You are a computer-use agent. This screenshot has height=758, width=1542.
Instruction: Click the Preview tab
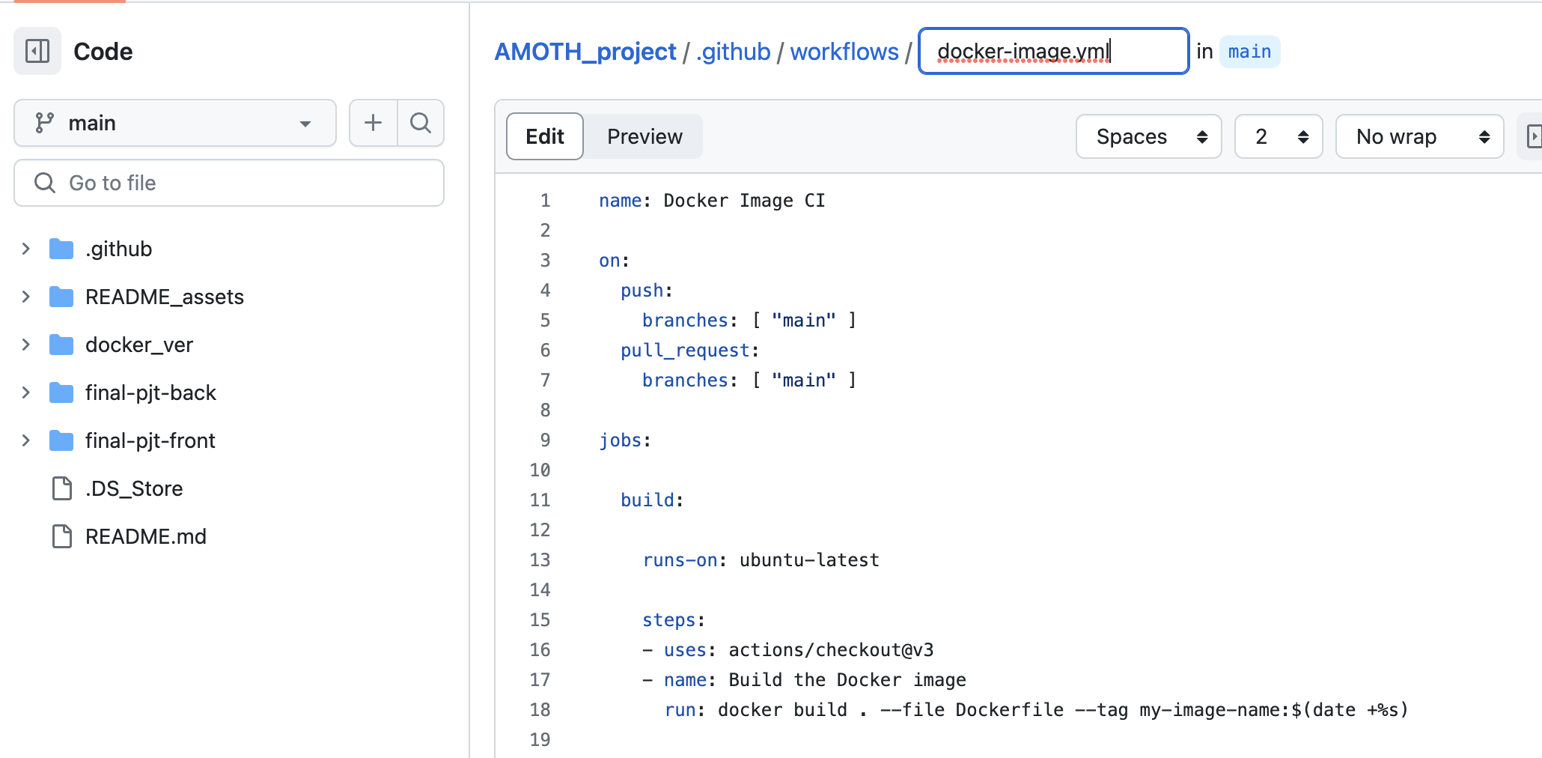(x=644, y=136)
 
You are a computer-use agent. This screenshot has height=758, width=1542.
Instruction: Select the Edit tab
(x=544, y=136)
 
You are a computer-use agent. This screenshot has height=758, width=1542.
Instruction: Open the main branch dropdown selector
(x=175, y=123)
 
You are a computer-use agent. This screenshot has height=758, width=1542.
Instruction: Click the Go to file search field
(x=229, y=183)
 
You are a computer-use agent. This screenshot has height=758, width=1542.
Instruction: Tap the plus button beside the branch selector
(x=373, y=123)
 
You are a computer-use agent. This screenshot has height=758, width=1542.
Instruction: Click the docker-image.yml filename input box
(x=1052, y=51)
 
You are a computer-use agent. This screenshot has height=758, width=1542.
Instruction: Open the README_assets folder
(x=164, y=297)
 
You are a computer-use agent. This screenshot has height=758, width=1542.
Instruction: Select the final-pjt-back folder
(x=150, y=392)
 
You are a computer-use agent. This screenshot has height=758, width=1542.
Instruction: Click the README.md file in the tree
(x=145, y=536)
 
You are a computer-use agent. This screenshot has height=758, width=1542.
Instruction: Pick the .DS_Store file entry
(x=133, y=488)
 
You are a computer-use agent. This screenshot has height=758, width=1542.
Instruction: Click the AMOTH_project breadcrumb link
(x=585, y=51)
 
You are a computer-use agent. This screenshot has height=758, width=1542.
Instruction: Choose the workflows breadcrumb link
(x=844, y=51)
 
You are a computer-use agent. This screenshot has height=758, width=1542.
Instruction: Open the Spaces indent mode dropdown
(x=1148, y=136)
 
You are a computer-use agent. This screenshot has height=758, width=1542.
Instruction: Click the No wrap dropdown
(x=1418, y=136)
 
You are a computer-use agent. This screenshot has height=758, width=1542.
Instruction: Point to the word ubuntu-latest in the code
(x=808, y=560)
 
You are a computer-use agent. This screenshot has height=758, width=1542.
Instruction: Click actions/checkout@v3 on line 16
(x=830, y=650)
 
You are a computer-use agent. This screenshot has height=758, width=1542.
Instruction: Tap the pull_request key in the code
(x=684, y=351)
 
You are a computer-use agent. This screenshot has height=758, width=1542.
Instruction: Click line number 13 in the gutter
(x=540, y=560)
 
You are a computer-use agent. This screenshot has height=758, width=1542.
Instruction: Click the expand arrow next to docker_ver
(x=26, y=345)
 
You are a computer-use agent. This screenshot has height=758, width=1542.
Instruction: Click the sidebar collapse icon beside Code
(x=37, y=51)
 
